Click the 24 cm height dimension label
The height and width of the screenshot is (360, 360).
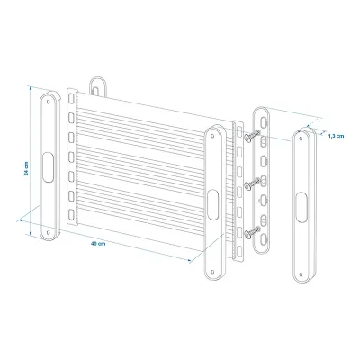tap(27, 168)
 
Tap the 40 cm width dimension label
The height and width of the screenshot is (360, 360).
tap(98, 244)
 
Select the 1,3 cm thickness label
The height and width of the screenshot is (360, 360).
tap(336, 136)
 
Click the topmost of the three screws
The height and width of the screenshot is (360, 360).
tap(252, 136)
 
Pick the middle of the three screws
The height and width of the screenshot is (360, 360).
tap(252, 184)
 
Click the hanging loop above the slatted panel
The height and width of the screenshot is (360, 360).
tap(98, 86)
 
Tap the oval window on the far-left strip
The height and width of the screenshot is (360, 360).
tap(48, 167)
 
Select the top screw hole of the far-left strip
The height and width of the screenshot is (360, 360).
tap(49, 102)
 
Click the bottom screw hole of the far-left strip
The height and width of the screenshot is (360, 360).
tap(48, 232)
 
